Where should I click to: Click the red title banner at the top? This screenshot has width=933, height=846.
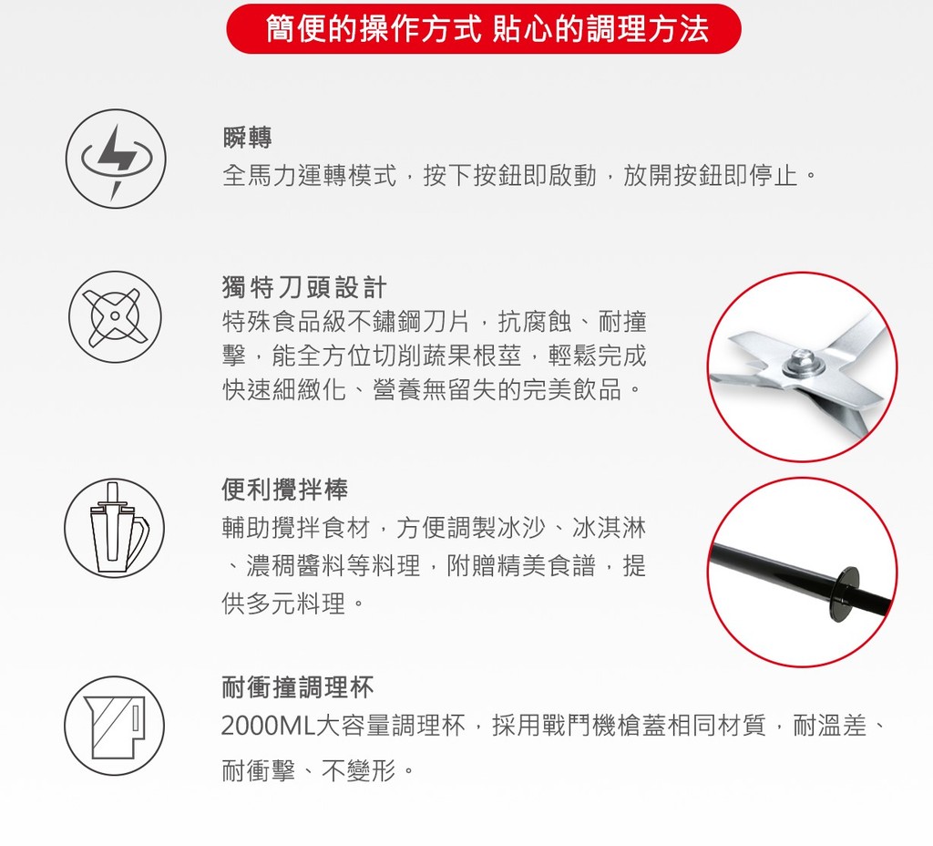(484, 28)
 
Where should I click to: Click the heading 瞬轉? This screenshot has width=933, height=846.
(248, 139)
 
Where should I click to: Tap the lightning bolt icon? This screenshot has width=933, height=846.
(116, 159)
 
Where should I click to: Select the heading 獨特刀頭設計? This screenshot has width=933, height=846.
(304, 287)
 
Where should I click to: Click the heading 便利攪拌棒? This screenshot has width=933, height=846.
(284, 490)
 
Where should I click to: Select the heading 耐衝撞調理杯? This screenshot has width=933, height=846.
(298, 687)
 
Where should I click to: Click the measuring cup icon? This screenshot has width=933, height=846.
(114, 727)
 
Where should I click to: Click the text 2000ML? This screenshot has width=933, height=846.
(268, 726)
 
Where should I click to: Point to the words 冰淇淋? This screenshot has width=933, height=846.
(609, 528)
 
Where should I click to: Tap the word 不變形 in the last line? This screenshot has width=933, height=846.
(359, 771)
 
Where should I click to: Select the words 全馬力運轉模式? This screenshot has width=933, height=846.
(310, 176)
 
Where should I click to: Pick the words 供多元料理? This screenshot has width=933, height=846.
(284, 604)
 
